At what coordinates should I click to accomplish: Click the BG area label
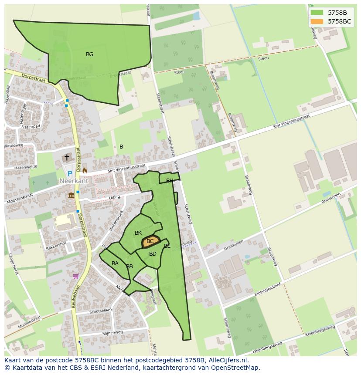89,54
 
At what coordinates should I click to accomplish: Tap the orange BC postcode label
150,241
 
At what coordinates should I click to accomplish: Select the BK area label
138,233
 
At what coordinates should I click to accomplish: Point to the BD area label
153,254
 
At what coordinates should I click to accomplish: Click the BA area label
115,264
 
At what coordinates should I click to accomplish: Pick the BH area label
170,180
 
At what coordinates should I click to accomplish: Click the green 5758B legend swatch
317,13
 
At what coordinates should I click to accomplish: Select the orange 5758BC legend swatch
317,21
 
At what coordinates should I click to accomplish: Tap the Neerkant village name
74,181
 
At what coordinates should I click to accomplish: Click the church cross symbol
67,157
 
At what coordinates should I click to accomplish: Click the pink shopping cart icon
76,276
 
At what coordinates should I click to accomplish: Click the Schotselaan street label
100,311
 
